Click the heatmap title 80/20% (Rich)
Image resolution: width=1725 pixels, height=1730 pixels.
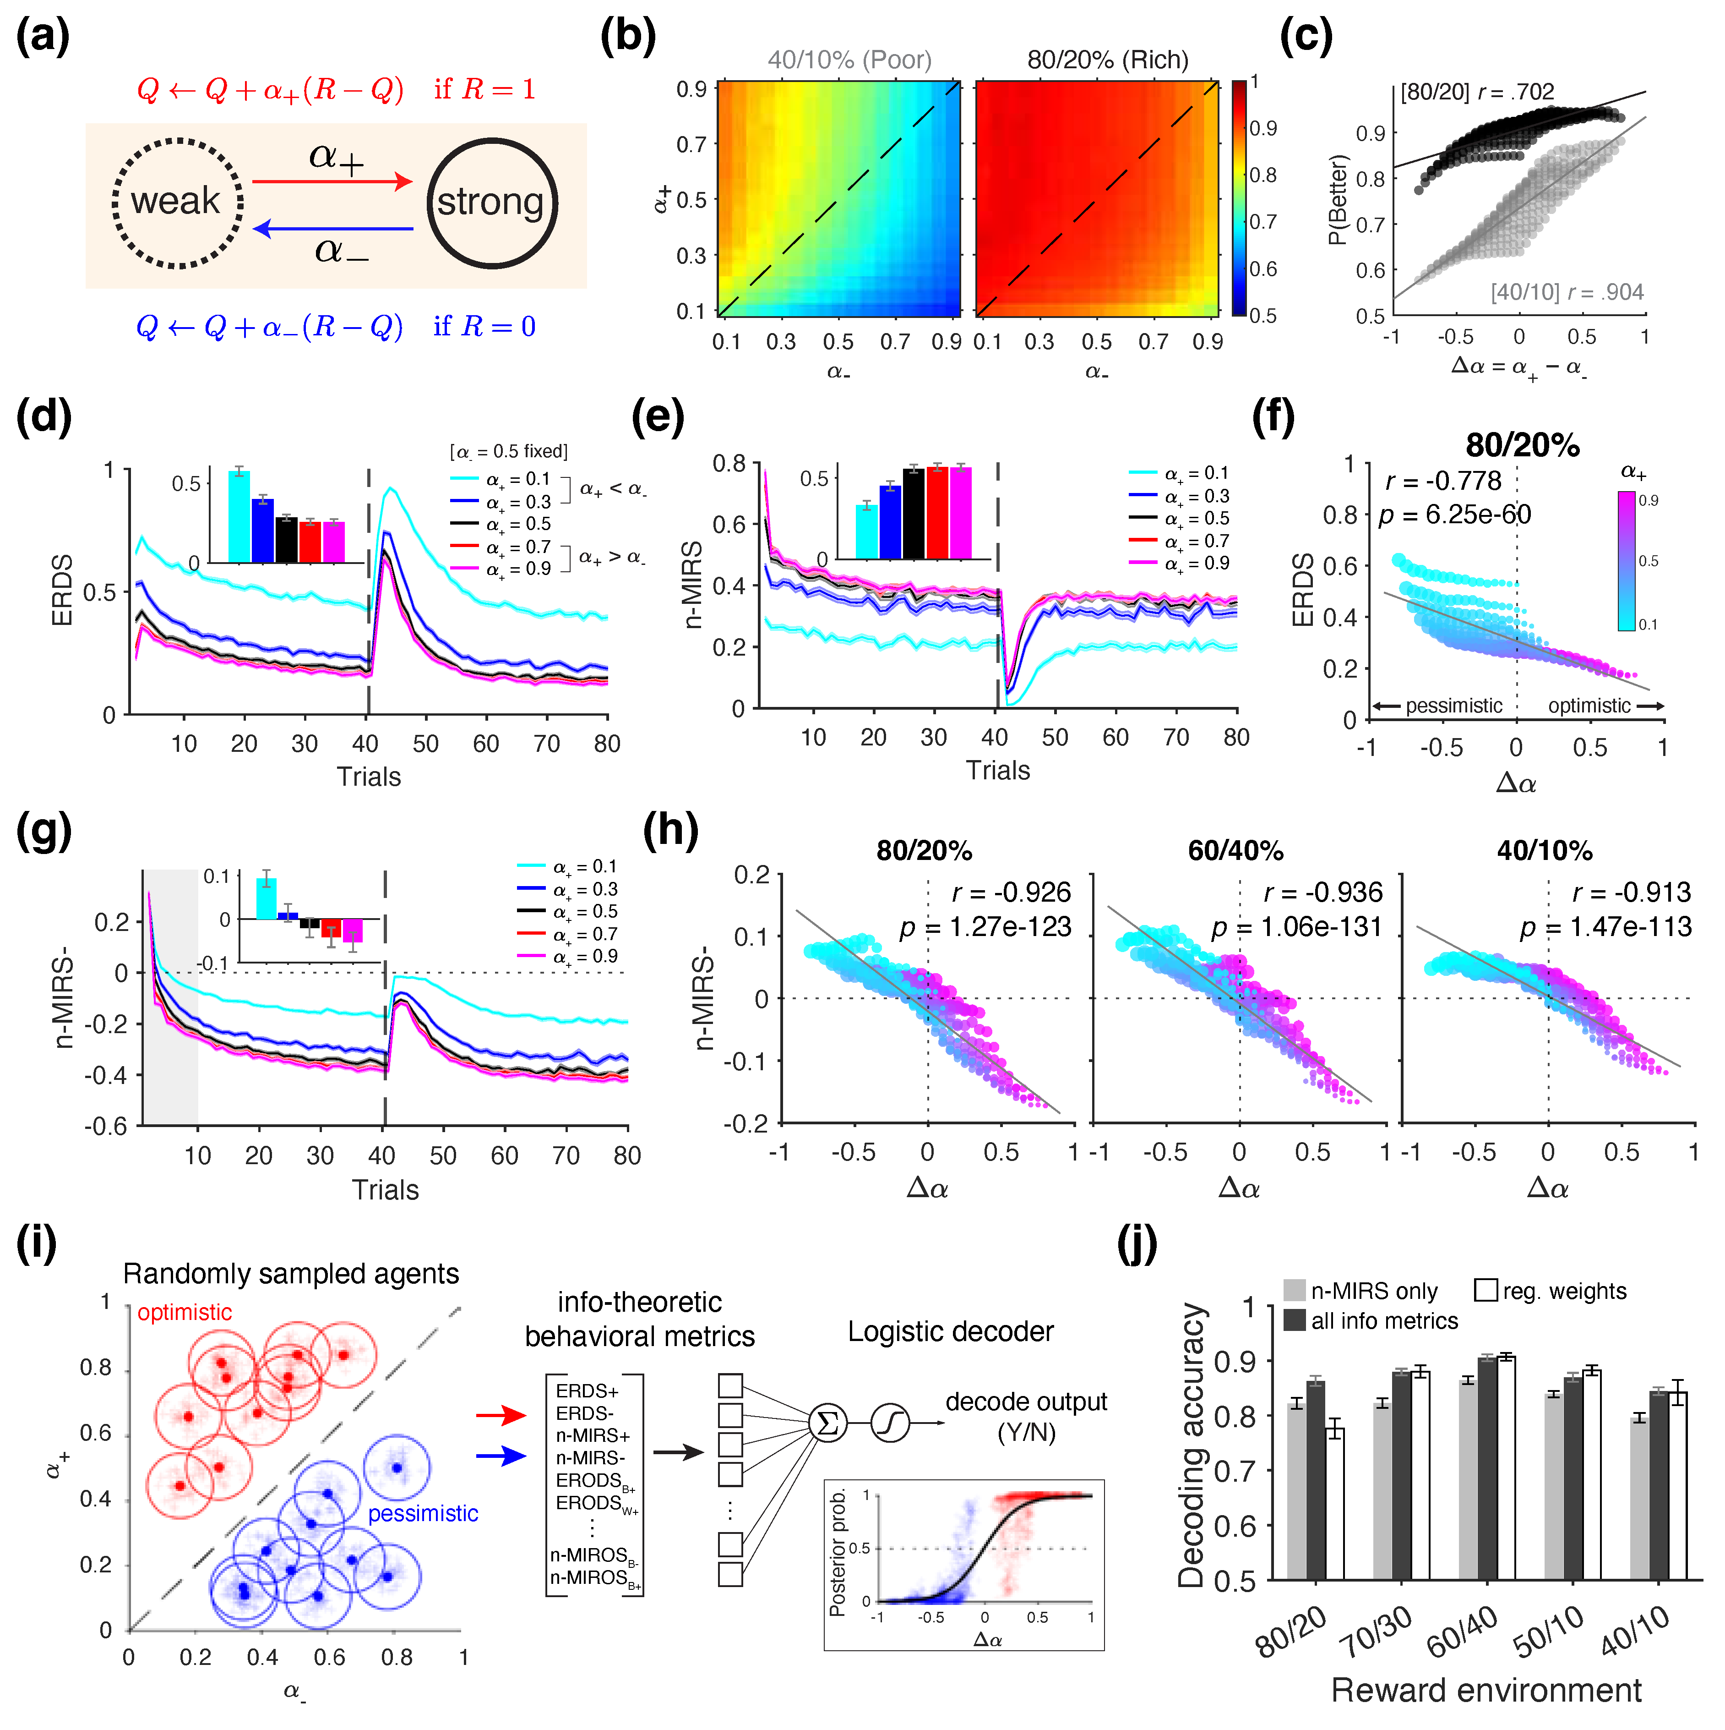coord(1107,60)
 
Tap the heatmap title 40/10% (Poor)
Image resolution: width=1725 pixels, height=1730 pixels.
coord(849,60)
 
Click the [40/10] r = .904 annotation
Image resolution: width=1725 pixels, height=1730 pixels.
coord(1567,292)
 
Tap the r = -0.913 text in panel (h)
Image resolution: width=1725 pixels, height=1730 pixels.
coord(1631,893)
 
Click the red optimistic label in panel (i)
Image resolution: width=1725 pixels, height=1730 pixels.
coord(185,1313)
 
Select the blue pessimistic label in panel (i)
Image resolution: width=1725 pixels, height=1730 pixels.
coord(423,1513)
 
